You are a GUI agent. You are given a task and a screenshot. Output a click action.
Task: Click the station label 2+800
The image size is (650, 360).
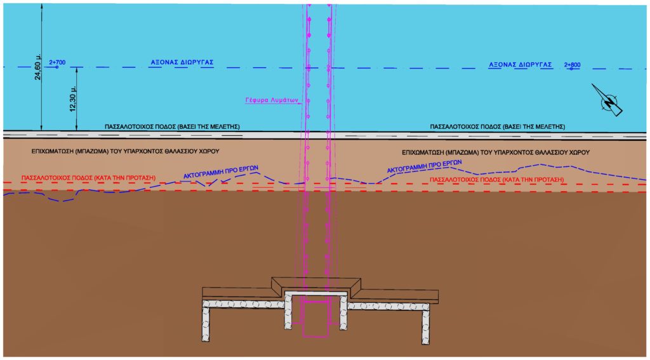click(571, 64)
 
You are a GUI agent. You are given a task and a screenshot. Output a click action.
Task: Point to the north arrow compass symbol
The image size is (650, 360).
click(610, 102)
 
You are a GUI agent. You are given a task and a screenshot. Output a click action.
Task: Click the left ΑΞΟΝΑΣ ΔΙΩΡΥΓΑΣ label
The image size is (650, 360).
click(182, 63)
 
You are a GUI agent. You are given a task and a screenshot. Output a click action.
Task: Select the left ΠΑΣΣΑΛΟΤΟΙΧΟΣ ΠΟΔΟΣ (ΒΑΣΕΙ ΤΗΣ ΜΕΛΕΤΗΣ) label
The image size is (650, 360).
click(172, 127)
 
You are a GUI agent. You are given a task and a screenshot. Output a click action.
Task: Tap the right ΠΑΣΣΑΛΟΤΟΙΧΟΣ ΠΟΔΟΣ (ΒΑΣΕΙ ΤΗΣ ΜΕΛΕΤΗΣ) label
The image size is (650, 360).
click(498, 127)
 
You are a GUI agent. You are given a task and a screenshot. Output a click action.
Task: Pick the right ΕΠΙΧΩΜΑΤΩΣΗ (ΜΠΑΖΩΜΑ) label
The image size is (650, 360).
click(496, 152)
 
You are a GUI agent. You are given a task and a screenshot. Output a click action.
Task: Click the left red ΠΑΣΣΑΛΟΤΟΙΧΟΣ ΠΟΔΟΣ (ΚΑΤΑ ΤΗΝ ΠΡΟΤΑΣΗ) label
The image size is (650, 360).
click(88, 178)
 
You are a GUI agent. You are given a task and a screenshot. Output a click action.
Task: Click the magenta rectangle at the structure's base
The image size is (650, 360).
click(316, 319)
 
